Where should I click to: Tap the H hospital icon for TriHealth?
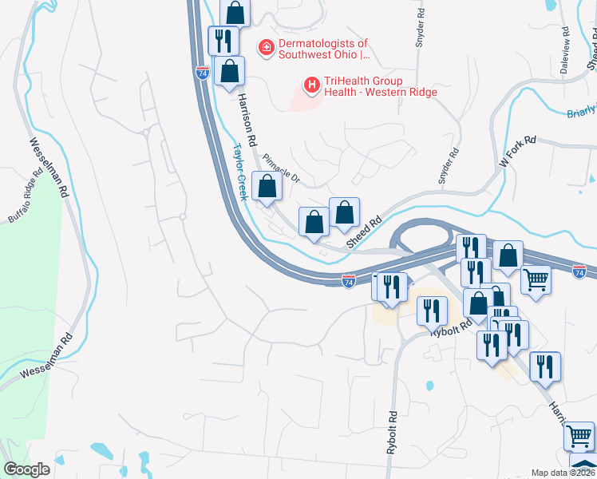pos(311,83)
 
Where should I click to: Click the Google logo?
pos(26,469)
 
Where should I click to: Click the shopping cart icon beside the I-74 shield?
pos(536,279)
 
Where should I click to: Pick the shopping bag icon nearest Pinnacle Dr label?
pos(267,187)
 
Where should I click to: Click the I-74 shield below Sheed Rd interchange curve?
pos(348,281)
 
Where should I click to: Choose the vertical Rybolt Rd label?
pos(392,432)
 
